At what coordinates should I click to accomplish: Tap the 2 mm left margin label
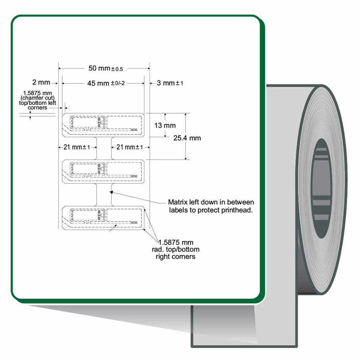(x=41, y=82)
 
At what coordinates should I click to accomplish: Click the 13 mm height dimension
(x=165, y=125)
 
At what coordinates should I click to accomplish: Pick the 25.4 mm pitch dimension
(x=187, y=138)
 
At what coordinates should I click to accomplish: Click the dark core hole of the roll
(x=321, y=188)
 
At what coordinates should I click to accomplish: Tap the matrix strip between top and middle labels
(x=104, y=148)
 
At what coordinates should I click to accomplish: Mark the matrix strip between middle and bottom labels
(x=104, y=195)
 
